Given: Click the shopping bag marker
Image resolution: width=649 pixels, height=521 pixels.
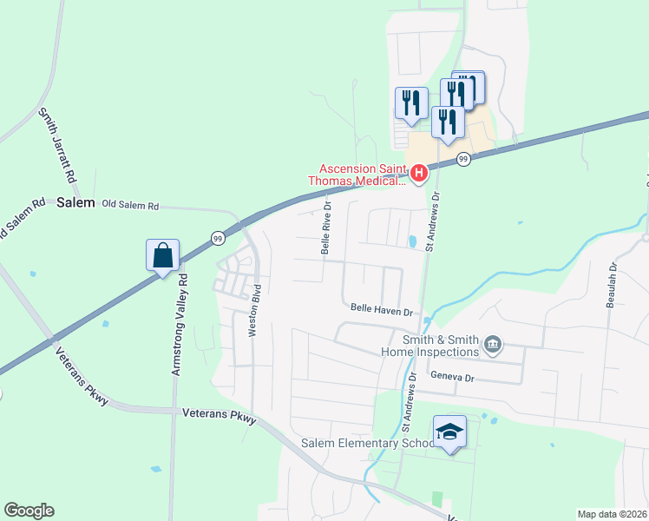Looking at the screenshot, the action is [x=162, y=256].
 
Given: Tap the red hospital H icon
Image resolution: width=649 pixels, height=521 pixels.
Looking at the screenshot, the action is [x=419, y=175].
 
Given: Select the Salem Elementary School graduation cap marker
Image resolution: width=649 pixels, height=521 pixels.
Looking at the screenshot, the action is [x=450, y=431].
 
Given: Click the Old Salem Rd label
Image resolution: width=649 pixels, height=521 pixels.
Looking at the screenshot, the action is [x=130, y=206].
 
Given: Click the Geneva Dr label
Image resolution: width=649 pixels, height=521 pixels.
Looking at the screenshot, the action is [x=452, y=378].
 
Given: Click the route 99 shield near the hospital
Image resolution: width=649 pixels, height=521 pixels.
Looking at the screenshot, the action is [x=463, y=159].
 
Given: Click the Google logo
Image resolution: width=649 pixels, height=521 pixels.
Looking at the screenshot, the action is [x=29, y=511].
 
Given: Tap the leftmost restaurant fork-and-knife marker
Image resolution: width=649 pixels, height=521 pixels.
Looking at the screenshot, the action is [x=410, y=103].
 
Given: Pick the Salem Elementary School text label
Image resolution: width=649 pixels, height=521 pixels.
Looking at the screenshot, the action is [x=367, y=443].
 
